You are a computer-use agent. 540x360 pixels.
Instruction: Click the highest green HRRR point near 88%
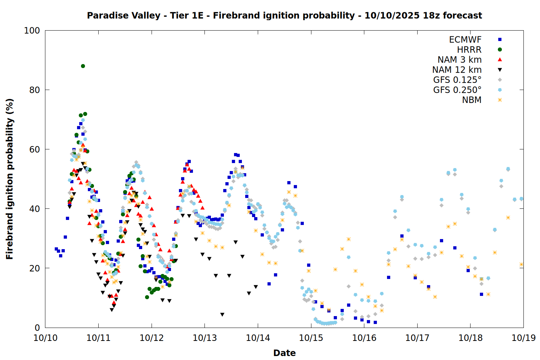coord(83,66)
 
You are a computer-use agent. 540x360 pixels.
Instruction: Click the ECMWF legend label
coord(465,40)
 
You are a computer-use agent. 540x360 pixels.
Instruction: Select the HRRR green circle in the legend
coord(500,50)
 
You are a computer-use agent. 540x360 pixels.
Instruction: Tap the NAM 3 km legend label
coord(459,60)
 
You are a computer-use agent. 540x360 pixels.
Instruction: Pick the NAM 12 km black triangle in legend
coord(500,70)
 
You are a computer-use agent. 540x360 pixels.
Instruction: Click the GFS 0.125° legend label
coord(457,80)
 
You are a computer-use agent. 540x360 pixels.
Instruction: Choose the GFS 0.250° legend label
coord(457,90)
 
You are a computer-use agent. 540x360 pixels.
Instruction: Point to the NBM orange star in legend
coord(500,100)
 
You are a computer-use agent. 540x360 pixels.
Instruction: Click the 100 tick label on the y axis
coord(32,31)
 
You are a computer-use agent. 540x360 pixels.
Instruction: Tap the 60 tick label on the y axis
coord(35,149)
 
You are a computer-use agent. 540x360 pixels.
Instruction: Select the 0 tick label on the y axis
coord(37,328)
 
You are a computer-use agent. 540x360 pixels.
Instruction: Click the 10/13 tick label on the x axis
coord(205,338)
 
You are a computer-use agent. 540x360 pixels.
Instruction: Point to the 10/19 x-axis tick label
coord(523,338)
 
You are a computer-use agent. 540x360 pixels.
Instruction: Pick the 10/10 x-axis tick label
coord(45,338)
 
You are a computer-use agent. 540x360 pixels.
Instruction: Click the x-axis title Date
coord(284,353)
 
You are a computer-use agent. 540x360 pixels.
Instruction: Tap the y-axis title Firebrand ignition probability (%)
coord(9,179)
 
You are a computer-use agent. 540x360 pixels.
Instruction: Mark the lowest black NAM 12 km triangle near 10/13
coord(222,315)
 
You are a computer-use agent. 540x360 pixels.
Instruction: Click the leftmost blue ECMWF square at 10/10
coord(56,249)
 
